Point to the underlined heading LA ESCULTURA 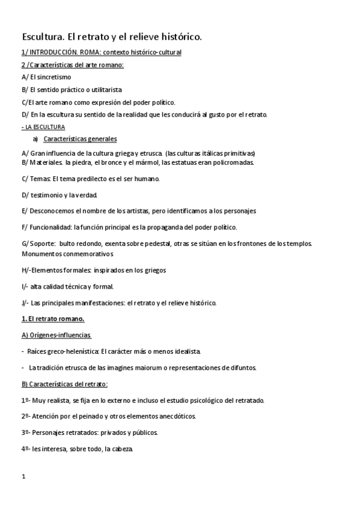pyautogui.click(x=43, y=127)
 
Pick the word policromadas pyautogui.click(x=231, y=162)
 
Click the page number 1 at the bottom pyautogui.click(x=23, y=477)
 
